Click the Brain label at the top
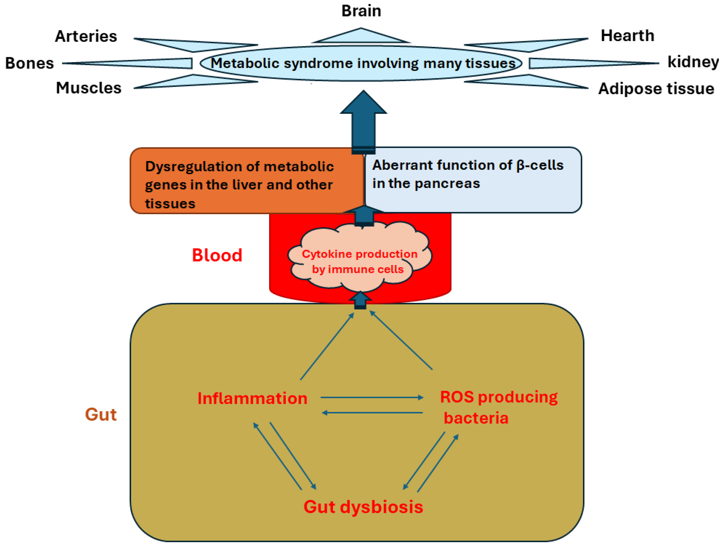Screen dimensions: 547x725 [361, 11]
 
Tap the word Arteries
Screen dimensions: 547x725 [86, 36]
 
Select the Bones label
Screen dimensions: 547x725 [29, 63]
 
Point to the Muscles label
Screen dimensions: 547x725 [88, 88]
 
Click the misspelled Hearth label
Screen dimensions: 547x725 [627, 35]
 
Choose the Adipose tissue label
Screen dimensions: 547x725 [656, 89]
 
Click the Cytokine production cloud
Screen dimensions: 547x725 [359, 261]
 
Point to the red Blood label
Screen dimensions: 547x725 [217, 255]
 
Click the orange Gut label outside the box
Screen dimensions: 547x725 [101, 414]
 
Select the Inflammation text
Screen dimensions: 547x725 [252, 398]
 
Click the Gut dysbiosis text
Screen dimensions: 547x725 [363, 507]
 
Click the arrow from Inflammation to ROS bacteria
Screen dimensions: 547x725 [372, 398]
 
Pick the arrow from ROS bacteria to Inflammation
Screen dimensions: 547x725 [372, 413]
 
